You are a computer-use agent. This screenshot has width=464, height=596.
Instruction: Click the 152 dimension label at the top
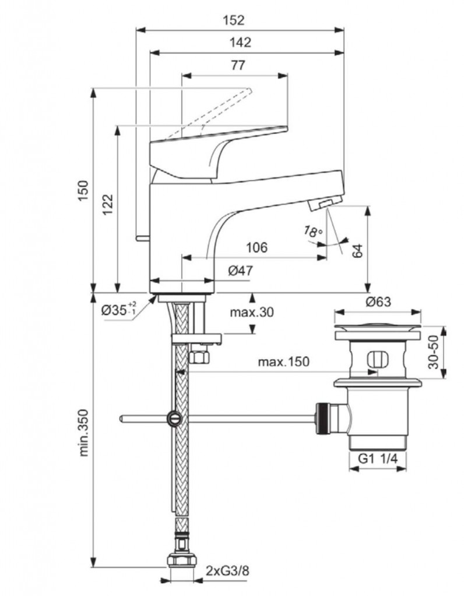pyautogui.click(x=233, y=20)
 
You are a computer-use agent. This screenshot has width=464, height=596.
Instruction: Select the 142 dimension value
pyautogui.click(x=240, y=42)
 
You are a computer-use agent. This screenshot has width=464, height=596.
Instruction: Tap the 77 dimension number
pyautogui.click(x=237, y=65)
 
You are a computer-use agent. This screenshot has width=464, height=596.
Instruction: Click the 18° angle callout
pyautogui.click(x=313, y=231)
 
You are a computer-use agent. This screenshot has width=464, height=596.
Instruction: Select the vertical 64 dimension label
pyautogui.click(x=357, y=250)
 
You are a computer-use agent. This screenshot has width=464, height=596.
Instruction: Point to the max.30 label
pyautogui.click(x=251, y=312)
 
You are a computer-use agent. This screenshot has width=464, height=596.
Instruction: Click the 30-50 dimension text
pyautogui.click(x=432, y=352)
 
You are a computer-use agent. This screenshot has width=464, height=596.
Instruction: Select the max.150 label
pyautogui.click(x=284, y=362)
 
